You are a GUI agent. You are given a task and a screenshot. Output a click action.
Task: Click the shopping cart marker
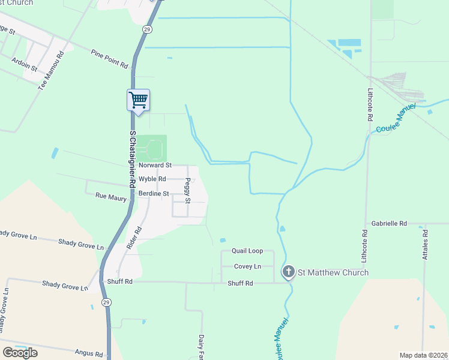click(x=138, y=100)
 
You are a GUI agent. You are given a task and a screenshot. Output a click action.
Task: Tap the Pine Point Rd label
click(x=110, y=59)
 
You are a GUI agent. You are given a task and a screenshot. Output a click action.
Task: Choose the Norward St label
click(x=155, y=165)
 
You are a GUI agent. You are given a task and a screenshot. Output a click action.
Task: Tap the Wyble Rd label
click(x=152, y=179)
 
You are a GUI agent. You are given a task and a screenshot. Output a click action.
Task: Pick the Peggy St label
click(x=188, y=190)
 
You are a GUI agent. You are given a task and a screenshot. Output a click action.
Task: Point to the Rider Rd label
click(x=134, y=238)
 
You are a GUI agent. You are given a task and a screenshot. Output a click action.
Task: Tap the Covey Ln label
click(x=247, y=266)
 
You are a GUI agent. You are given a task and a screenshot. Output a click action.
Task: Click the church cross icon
click(x=289, y=273)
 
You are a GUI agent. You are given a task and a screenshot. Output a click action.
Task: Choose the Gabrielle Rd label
click(x=389, y=223)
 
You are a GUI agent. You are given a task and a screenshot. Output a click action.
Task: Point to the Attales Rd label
click(x=425, y=244)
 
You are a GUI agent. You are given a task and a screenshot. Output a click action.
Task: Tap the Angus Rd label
click(x=89, y=353)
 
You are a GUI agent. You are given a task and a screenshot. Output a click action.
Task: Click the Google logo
click(x=20, y=353)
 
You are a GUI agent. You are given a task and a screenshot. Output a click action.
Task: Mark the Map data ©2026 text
click(x=423, y=355)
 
